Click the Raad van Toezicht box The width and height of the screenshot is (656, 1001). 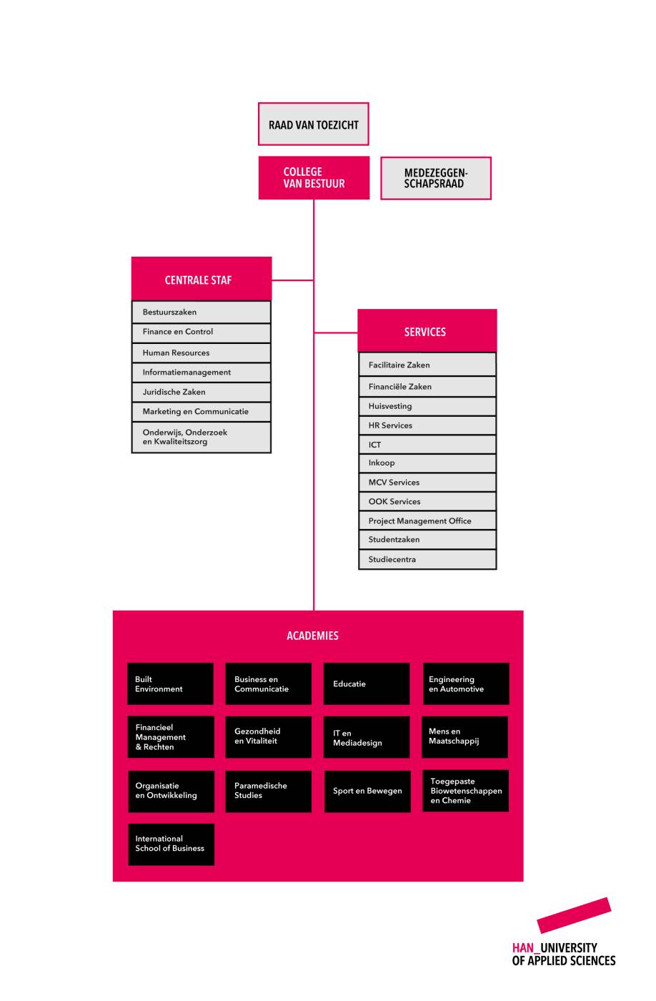pos(313,124)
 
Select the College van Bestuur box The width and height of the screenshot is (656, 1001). pos(314,177)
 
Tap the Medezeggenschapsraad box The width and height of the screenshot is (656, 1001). pos(435,178)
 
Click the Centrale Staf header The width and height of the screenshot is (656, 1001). pos(201,278)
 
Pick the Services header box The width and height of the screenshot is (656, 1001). pos(427,330)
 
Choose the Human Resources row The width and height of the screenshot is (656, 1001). pos(201,352)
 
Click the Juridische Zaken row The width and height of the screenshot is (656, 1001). pos(201,392)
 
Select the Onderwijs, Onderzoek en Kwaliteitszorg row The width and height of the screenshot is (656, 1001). pos(201,437)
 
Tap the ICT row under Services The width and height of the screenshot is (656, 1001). pos(427,445)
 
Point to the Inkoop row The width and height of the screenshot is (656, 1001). pos(427,463)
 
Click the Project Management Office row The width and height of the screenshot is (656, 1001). pos(427,521)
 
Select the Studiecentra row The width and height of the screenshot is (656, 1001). pos(427,559)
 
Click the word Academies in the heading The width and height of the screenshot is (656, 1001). pos(312,636)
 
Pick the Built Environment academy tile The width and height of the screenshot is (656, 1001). pos(170,684)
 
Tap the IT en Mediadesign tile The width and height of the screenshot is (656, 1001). pos(366,737)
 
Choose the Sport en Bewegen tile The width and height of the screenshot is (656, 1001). pos(367,791)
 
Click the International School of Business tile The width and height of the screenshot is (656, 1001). pos(171,844)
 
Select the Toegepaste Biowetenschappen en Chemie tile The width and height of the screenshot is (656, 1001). pos(465,791)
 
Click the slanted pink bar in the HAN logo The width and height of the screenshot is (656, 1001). pos(574,915)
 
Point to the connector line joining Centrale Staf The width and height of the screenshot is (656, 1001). pos(292,280)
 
